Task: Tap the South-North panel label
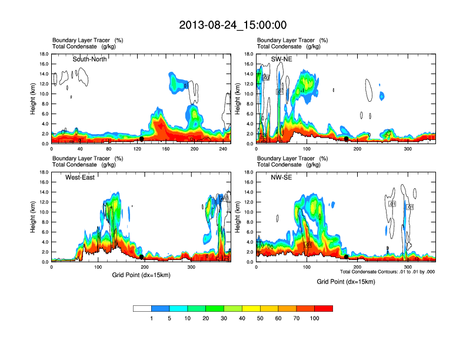(90, 59)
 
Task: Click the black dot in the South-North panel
(141, 139)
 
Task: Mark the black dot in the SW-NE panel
(347, 139)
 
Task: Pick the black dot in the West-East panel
(141, 256)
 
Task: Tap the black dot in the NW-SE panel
(347, 256)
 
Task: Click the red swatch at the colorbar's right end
(324, 308)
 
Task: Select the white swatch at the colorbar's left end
(142, 308)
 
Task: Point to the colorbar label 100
(315, 318)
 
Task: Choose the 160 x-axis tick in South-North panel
(166, 149)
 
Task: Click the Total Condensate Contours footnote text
(387, 271)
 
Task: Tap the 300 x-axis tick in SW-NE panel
(408, 149)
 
